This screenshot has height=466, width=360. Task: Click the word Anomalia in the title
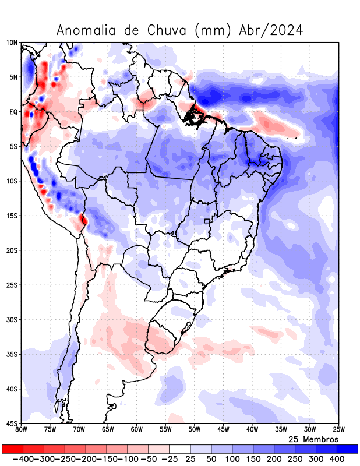(86, 30)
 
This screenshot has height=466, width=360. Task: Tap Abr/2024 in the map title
(271, 30)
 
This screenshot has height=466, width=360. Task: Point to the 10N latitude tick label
(12, 43)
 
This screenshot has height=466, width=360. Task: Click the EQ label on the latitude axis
(13, 112)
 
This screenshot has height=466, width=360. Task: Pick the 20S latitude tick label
(12, 250)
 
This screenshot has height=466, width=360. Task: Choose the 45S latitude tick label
(12, 423)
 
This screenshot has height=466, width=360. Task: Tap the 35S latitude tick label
(12, 354)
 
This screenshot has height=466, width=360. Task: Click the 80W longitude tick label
(21, 430)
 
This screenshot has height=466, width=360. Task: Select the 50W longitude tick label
(195, 430)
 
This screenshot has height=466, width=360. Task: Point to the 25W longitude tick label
(338, 430)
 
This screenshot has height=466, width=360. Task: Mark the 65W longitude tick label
(108, 430)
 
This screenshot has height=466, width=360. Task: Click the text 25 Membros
(313, 439)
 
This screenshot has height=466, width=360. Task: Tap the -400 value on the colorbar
(23, 459)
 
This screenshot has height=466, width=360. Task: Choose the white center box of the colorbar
(180, 449)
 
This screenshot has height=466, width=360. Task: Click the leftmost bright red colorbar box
(12, 449)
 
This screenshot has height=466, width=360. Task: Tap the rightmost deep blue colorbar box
(348, 449)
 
